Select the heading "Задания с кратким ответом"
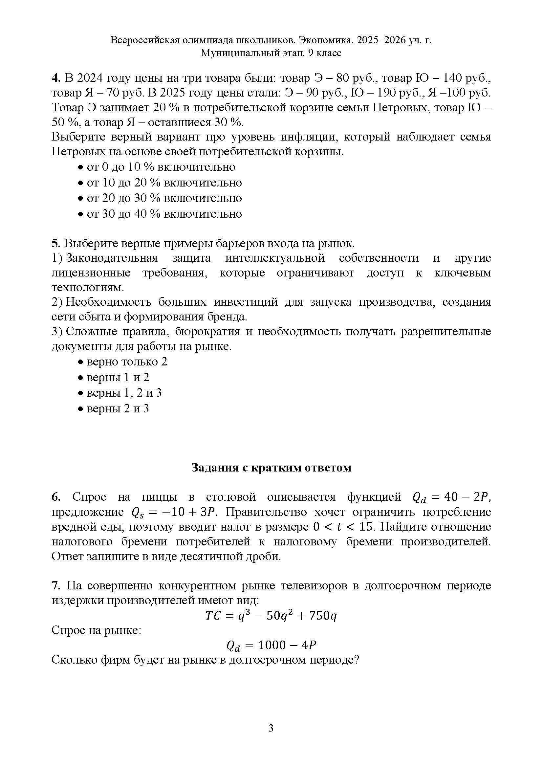click(x=271, y=467)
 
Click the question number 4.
click(x=55, y=78)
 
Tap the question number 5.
click(x=55, y=244)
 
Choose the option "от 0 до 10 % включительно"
click(x=161, y=167)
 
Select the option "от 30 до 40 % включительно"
click(x=164, y=214)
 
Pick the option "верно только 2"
click(x=127, y=362)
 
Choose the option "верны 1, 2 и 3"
click(x=124, y=393)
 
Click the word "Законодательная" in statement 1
click(x=112, y=258)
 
